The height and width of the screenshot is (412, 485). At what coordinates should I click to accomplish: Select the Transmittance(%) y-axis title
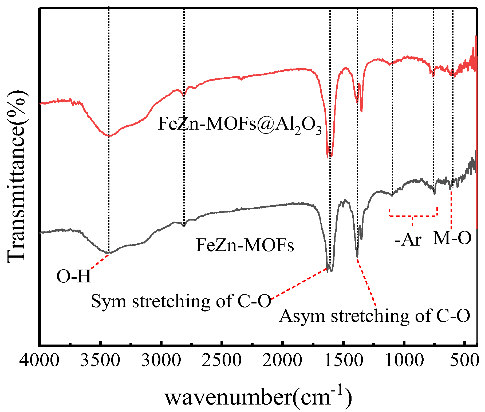(x=17, y=176)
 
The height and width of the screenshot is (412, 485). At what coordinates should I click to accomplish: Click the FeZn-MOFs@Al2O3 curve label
(x=239, y=125)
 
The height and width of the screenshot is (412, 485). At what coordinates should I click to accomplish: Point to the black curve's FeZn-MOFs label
(x=245, y=245)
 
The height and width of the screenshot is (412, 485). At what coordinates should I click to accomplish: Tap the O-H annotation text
(x=74, y=276)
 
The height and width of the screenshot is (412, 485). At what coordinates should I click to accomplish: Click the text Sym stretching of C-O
(x=181, y=301)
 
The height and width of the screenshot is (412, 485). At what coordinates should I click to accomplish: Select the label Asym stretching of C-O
(x=374, y=316)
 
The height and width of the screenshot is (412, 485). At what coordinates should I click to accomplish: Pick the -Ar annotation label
(x=408, y=240)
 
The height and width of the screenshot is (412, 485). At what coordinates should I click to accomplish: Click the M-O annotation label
(x=452, y=238)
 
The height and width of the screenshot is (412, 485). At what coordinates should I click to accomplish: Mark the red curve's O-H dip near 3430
(x=109, y=136)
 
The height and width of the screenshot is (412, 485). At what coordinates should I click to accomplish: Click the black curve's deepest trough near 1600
(x=331, y=271)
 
